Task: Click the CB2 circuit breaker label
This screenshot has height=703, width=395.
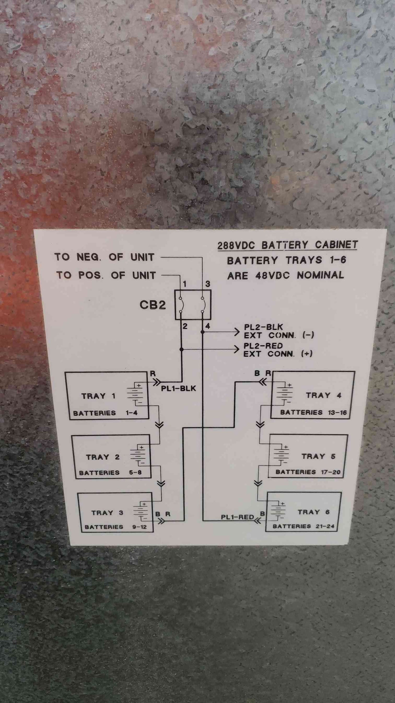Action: click(x=153, y=305)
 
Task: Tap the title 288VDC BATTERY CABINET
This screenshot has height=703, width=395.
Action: click(x=288, y=245)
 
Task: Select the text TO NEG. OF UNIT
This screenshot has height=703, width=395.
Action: click(x=104, y=257)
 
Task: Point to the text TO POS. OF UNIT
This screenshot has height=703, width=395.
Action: click(x=106, y=275)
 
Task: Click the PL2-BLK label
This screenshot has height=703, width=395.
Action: click(x=263, y=327)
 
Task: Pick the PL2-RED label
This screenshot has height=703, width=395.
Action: click(x=263, y=346)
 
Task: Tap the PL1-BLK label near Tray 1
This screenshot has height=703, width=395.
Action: click(x=178, y=388)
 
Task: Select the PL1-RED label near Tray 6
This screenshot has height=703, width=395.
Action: click(x=237, y=517)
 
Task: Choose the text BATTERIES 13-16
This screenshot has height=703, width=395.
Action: click(x=313, y=412)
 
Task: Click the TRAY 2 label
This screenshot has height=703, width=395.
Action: click(x=103, y=457)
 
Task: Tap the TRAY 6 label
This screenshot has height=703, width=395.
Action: click(x=314, y=512)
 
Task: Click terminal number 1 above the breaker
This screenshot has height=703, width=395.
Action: click(x=185, y=284)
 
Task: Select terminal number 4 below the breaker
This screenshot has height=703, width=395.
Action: click(x=208, y=326)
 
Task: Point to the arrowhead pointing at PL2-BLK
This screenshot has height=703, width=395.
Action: click(x=237, y=332)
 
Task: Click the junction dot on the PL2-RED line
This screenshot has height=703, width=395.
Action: click(x=182, y=349)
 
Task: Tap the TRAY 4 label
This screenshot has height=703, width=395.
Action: click(x=323, y=395)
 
